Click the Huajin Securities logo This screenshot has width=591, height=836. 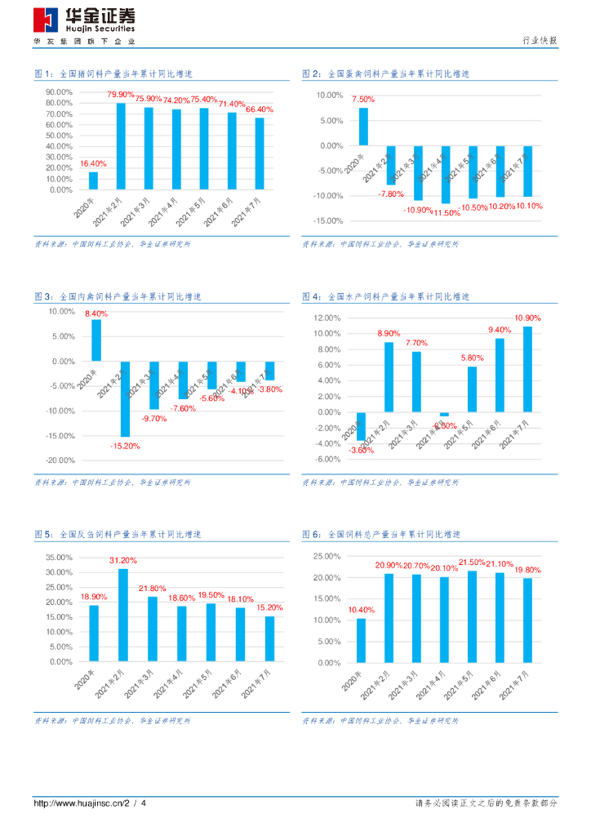[84, 21]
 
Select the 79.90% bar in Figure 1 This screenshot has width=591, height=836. [121, 146]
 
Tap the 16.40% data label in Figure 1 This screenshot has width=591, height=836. [93, 164]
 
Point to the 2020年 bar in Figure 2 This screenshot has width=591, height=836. [363, 127]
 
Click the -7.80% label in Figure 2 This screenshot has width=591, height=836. [391, 193]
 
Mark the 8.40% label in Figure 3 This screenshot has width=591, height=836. [96, 313]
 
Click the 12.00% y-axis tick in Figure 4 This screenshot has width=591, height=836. [327, 318]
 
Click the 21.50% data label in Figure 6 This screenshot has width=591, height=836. [472, 563]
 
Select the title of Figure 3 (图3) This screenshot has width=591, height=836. [118, 296]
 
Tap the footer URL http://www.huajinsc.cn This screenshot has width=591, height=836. [78, 803]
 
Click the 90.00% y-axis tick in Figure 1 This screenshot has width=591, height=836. [60, 92]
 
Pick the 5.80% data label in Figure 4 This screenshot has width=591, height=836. [472, 358]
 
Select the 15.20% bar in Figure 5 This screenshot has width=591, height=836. [269, 638]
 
